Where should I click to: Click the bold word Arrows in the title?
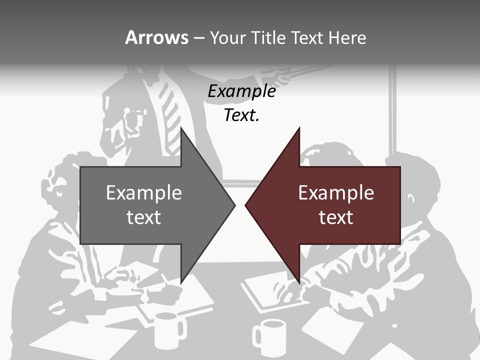(156, 37)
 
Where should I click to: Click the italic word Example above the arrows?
(241, 91)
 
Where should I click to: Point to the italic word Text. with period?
(241, 115)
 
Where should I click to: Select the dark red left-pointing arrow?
(335, 205)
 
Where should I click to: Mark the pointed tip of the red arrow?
(247, 205)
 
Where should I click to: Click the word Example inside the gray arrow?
(144, 193)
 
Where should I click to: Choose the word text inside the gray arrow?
(144, 217)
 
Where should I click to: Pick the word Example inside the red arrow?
(336, 193)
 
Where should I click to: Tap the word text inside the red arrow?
(336, 217)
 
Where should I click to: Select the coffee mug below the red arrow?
(270, 337)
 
